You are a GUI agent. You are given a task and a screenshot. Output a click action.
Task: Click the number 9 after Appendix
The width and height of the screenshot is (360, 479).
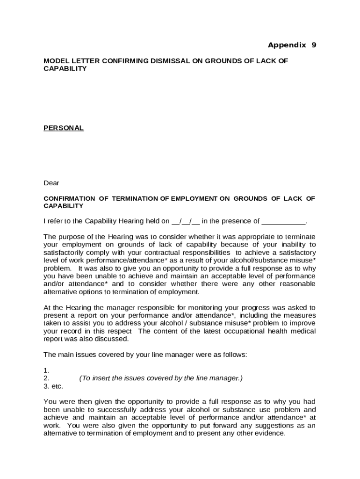[x=314, y=45]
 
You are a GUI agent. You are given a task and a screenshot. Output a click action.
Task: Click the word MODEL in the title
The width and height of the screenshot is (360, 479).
[x=55, y=61]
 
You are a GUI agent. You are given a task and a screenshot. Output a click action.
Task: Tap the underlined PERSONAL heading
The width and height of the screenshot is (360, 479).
[x=64, y=128]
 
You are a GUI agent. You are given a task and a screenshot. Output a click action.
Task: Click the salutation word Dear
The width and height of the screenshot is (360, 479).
[x=51, y=183]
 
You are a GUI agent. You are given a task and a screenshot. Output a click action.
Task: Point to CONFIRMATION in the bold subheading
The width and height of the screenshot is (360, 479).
[x=69, y=198]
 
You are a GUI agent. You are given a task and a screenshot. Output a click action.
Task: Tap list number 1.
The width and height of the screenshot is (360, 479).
[x=46, y=370]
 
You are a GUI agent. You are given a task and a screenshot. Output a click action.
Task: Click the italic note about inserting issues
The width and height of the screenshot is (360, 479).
[x=161, y=378]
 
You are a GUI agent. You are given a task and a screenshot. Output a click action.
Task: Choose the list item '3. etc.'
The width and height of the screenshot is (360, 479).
[x=53, y=386]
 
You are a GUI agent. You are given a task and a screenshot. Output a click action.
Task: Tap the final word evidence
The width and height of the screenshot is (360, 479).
[x=269, y=433]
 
